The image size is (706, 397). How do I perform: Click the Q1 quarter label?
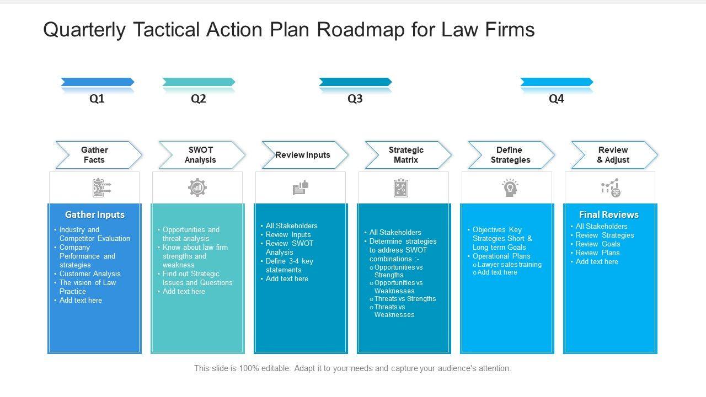[97, 99]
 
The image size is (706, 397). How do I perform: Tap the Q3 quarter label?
[355, 99]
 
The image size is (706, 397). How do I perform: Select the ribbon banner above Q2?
[199, 82]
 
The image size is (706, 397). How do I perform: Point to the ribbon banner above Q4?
[557, 82]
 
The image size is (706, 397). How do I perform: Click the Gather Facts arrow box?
[97, 155]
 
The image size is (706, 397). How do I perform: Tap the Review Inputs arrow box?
[303, 155]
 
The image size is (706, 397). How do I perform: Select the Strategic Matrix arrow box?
[407, 155]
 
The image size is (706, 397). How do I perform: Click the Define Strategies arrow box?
[510, 155]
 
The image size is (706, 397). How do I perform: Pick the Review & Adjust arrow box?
[613, 155]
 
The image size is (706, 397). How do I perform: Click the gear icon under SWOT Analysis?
[197, 188]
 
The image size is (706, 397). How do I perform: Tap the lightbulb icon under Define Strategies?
[510, 188]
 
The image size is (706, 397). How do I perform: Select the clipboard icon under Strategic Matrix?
[401, 188]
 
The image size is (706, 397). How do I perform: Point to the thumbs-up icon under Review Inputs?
[301, 188]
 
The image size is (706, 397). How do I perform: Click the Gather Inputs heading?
[95, 214]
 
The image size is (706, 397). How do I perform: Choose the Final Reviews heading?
[609, 214]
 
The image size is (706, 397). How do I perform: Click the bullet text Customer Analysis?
[90, 273]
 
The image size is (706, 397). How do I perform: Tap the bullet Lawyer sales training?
[510, 265]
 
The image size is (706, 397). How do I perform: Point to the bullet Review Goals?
[598, 244]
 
